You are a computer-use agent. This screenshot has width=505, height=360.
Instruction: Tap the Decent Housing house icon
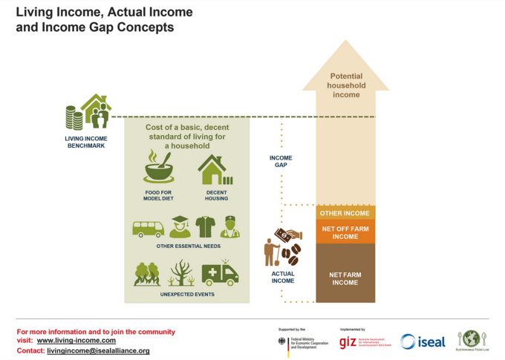pos(214,170)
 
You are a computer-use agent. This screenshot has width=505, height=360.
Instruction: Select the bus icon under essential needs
pos(148,228)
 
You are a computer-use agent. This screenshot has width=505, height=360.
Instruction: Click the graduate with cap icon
pos(180,226)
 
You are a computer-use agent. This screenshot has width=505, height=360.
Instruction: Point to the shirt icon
pos(205,226)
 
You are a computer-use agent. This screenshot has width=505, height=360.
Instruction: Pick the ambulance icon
pos(220,273)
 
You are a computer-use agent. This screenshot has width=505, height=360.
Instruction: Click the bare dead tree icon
pos(180,273)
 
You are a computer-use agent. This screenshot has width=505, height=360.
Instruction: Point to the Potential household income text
pos(345,85)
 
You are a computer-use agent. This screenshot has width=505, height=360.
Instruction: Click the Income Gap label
pos(281,161)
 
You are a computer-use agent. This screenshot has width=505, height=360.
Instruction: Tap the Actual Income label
pos(282,278)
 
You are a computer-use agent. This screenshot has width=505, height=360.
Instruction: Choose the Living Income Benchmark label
pos(87,142)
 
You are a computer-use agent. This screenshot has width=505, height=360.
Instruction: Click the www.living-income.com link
pos(76,341)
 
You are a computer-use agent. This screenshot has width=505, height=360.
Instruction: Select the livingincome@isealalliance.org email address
pos(94,350)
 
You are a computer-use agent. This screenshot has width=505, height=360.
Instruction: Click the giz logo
pos(348,341)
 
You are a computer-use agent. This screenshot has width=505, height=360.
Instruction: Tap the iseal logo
pos(423,341)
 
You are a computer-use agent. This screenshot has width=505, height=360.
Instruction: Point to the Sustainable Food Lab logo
pos(470,341)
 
